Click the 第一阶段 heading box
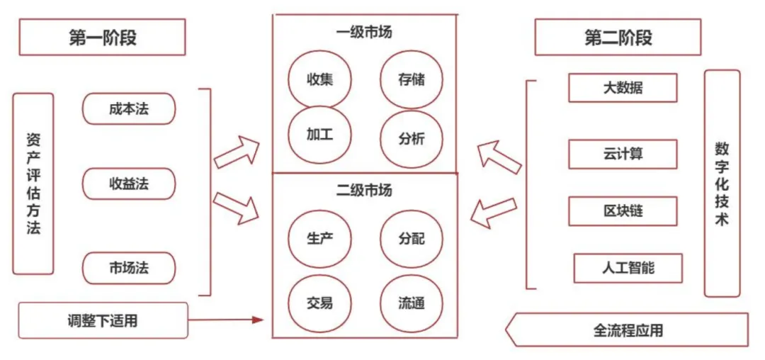coord(102,37)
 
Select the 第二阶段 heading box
coord(618,37)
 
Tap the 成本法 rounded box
coord(129,109)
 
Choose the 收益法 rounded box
coord(129,184)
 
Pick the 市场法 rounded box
coord(129,268)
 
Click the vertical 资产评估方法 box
coord(33,184)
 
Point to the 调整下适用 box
coord(103,320)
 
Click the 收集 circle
coord(319,79)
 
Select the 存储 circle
coord(412,79)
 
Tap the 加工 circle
coord(319,135)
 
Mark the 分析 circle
coord(412,138)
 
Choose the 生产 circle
coord(319,238)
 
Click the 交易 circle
coord(319,303)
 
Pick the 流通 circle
coord(412,303)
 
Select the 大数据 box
coord(623,89)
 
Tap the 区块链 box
coord(623,211)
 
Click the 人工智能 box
coord(628,268)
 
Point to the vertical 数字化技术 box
coord(722,183)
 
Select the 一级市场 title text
coord(364,32)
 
